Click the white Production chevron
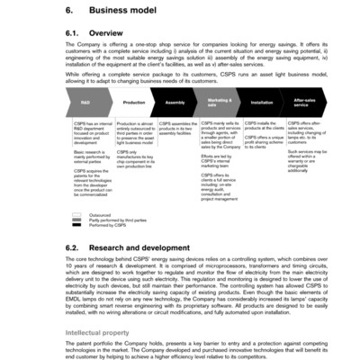tap(131, 103)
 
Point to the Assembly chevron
tap(175, 103)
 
